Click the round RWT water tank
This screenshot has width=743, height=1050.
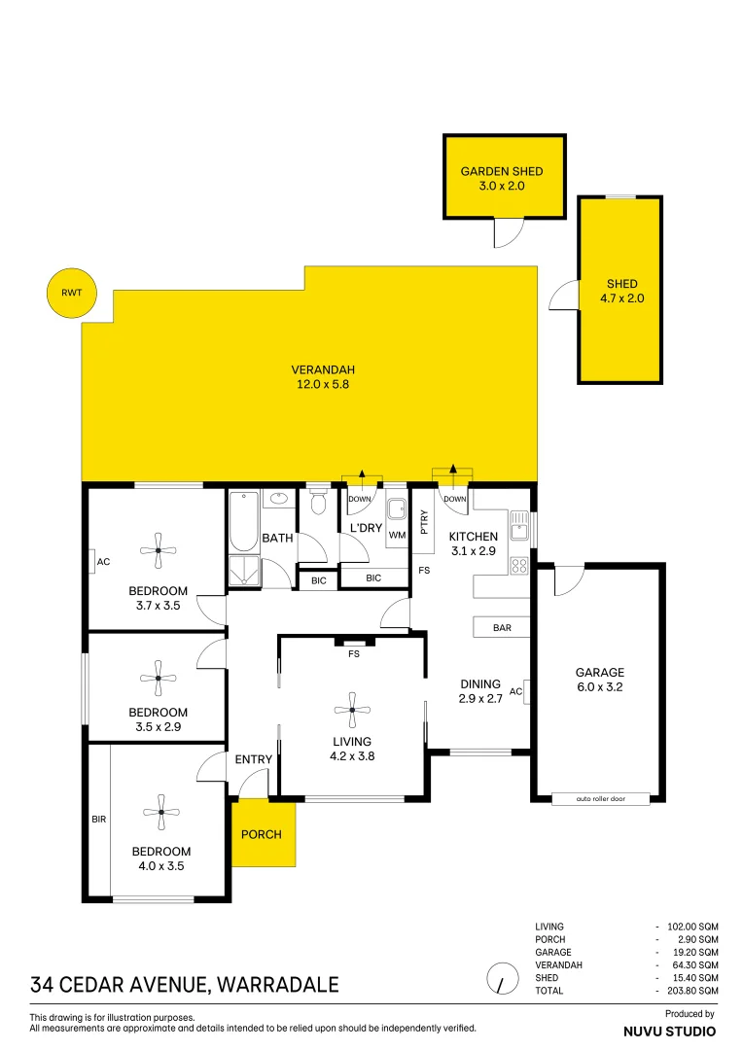[x=72, y=293]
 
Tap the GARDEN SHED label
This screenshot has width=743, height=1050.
[x=502, y=172]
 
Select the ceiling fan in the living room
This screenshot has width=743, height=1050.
[x=351, y=709]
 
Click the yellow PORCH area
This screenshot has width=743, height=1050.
[x=264, y=833]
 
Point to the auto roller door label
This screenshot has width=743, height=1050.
[x=598, y=799]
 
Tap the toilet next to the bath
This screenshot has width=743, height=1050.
[x=318, y=503]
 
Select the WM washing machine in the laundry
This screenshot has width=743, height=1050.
[x=397, y=516]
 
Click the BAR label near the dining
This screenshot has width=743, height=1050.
[x=502, y=628]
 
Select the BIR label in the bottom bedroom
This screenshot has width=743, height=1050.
[x=99, y=820]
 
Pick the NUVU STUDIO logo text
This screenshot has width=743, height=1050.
[x=670, y=1031]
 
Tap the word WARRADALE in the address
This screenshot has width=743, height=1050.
[x=279, y=985]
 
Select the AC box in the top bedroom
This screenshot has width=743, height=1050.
[x=102, y=562]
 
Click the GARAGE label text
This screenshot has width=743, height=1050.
[x=599, y=672]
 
